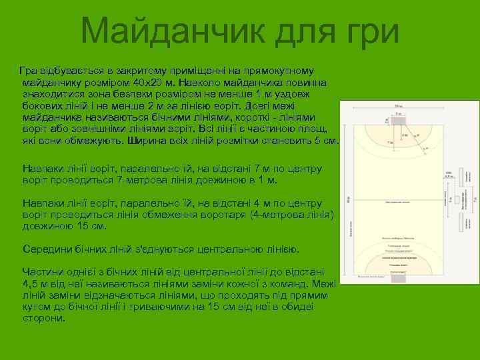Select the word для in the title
pyautogui.click(x=301, y=31)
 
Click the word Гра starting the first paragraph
pyautogui.click(x=29, y=70)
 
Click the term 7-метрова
pyautogui.click(x=139, y=180)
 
